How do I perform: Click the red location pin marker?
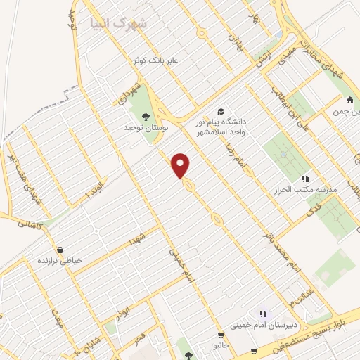(x=181, y=165)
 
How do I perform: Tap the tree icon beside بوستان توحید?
(x=146, y=117)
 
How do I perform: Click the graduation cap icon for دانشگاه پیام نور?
(x=221, y=111)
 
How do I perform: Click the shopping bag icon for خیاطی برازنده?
(x=59, y=250)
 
